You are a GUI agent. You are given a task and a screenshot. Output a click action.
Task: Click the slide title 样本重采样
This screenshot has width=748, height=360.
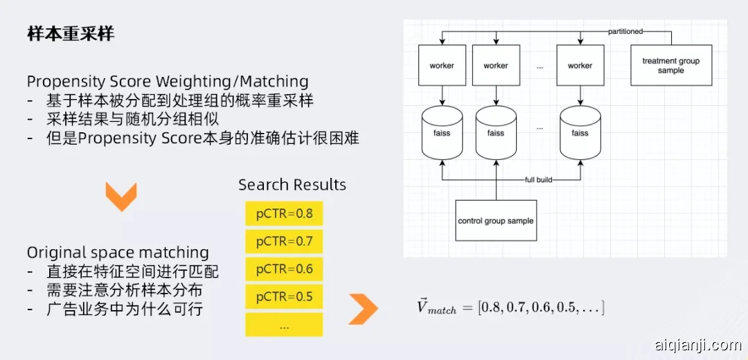(70, 35)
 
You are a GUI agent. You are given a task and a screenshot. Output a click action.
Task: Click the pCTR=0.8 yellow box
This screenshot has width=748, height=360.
(284, 213)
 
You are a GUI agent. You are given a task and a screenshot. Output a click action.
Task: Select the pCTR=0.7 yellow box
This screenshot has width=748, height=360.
(284, 241)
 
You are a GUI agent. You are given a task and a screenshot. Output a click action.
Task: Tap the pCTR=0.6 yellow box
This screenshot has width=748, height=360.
(284, 269)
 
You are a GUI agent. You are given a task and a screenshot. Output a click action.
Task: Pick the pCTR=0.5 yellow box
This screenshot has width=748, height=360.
(284, 296)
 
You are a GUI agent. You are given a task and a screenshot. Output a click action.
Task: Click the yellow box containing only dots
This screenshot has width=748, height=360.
(284, 324)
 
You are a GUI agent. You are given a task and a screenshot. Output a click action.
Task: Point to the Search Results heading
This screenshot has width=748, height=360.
(292, 185)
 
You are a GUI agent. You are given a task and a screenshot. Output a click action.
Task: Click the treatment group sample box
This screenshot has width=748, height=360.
(670, 66)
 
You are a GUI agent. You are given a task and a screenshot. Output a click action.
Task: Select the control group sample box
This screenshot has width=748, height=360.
(496, 221)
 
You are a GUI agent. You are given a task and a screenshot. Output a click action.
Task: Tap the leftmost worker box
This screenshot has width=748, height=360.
(442, 66)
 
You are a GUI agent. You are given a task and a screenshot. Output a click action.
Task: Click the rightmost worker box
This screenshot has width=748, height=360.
(580, 66)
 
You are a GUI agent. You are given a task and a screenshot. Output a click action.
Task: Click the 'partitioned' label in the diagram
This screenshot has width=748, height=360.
(625, 31)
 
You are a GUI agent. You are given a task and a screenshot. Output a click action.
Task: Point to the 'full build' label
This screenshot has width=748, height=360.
(538, 180)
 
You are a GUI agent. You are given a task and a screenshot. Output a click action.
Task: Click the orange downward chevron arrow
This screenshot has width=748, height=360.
(121, 197)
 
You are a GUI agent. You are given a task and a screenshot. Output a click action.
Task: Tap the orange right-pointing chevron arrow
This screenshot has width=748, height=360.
(363, 309)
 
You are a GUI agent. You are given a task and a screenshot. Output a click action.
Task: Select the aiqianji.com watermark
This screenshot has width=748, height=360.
(697, 344)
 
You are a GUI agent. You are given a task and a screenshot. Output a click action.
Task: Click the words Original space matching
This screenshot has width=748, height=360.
(118, 253)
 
